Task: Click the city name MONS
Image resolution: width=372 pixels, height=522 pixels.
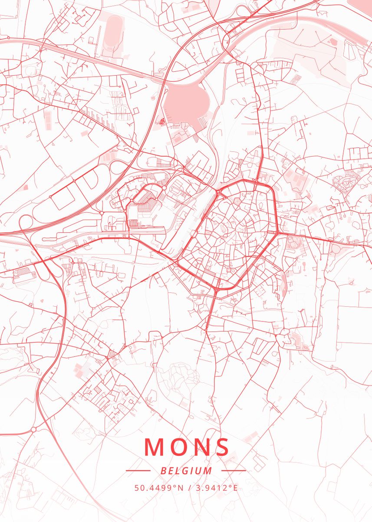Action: click(x=187, y=447)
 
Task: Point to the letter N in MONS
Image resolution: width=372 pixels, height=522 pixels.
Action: click(x=200, y=447)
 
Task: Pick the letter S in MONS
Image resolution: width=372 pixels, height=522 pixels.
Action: click(x=221, y=447)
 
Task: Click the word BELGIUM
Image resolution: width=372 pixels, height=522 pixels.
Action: click(x=186, y=471)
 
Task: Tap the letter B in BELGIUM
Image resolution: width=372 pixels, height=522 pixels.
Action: click(x=163, y=471)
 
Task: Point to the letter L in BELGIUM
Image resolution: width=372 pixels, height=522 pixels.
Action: click(x=178, y=471)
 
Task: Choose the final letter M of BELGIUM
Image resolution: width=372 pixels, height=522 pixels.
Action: click(x=209, y=471)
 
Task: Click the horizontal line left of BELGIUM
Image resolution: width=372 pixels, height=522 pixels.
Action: click(x=138, y=471)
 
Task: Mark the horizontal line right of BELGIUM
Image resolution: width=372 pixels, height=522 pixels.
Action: click(x=234, y=471)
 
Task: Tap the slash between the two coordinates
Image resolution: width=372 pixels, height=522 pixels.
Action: click(x=189, y=488)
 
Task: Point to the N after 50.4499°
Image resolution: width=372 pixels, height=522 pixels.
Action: click(x=181, y=488)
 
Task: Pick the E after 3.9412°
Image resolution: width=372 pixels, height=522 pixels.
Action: click(x=235, y=488)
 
